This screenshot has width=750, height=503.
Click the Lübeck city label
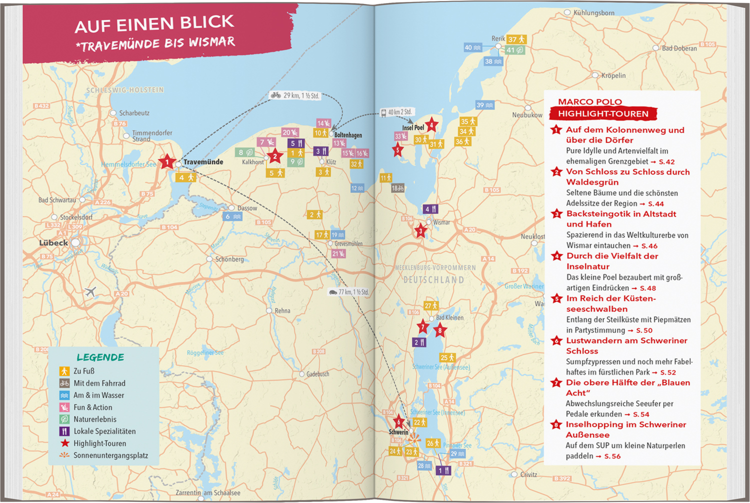tap(53, 243)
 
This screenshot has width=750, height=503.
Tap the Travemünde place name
tap(203, 162)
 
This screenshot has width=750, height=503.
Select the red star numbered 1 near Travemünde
tap(167, 162)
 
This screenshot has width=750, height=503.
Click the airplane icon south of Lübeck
tap(90, 291)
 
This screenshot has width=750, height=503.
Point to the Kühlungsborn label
tap(593, 12)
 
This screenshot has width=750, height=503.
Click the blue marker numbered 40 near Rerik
tap(472, 47)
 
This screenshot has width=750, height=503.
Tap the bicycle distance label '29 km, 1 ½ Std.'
tap(294, 95)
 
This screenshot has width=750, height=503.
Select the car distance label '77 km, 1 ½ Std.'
tap(348, 292)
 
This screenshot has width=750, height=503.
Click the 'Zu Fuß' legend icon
tap(64, 371)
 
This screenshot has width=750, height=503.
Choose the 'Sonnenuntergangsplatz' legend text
tap(110, 455)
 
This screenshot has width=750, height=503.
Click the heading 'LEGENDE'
tap(100, 357)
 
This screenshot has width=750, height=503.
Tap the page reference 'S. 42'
tap(666, 162)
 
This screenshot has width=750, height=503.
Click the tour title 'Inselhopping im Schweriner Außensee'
tap(625, 429)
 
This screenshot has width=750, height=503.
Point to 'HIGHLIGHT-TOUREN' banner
tap(603, 114)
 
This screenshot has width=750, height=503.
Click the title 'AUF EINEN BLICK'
tap(154, 23)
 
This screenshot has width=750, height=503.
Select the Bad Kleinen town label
tap(449, 317)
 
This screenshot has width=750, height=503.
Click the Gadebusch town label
tap(317, 374)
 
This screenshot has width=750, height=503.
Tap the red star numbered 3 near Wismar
tap(420, 231)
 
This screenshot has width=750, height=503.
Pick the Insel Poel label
tap(413, 127)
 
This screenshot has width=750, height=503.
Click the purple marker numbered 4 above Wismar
tap(430, 209)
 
